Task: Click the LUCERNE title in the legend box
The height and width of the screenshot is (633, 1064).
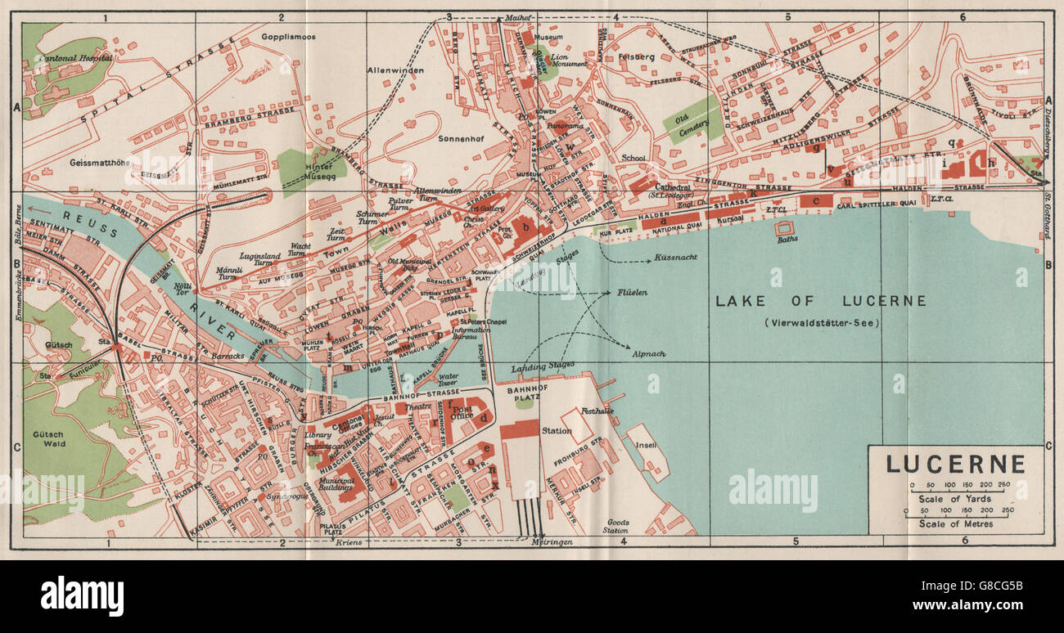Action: pos(955,465)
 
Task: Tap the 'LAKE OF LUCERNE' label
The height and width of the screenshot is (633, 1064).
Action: pos(821,301)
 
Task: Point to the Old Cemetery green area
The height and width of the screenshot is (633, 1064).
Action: pos(692,120)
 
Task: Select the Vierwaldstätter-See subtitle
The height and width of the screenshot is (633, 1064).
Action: pos(821,322)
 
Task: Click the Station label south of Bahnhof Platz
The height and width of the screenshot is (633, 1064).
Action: pos(556,430)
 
